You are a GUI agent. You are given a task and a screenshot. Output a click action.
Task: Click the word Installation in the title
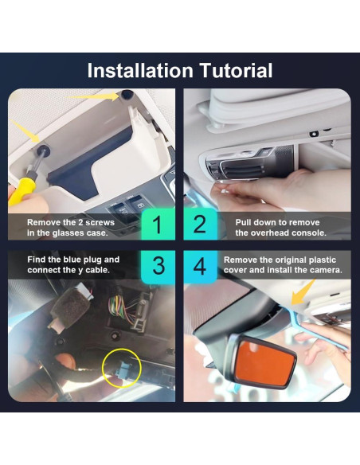(x=140, y=71)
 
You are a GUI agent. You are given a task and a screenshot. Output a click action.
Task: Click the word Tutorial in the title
(x=237, y=71)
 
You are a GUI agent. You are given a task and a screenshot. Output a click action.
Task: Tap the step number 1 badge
(x=158, y=225)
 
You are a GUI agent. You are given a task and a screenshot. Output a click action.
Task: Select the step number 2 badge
(x=200, y=225)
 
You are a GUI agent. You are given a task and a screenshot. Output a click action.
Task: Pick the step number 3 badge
(x=158, y=266)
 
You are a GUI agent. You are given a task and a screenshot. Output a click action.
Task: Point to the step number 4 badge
(x=200, y=266)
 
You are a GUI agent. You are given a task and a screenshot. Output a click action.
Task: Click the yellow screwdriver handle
(x=22, y=191)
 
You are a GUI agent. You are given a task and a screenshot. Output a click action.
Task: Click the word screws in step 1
(x=100, y=222)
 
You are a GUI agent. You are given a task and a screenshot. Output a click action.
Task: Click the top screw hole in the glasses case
(x=127, y=94)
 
